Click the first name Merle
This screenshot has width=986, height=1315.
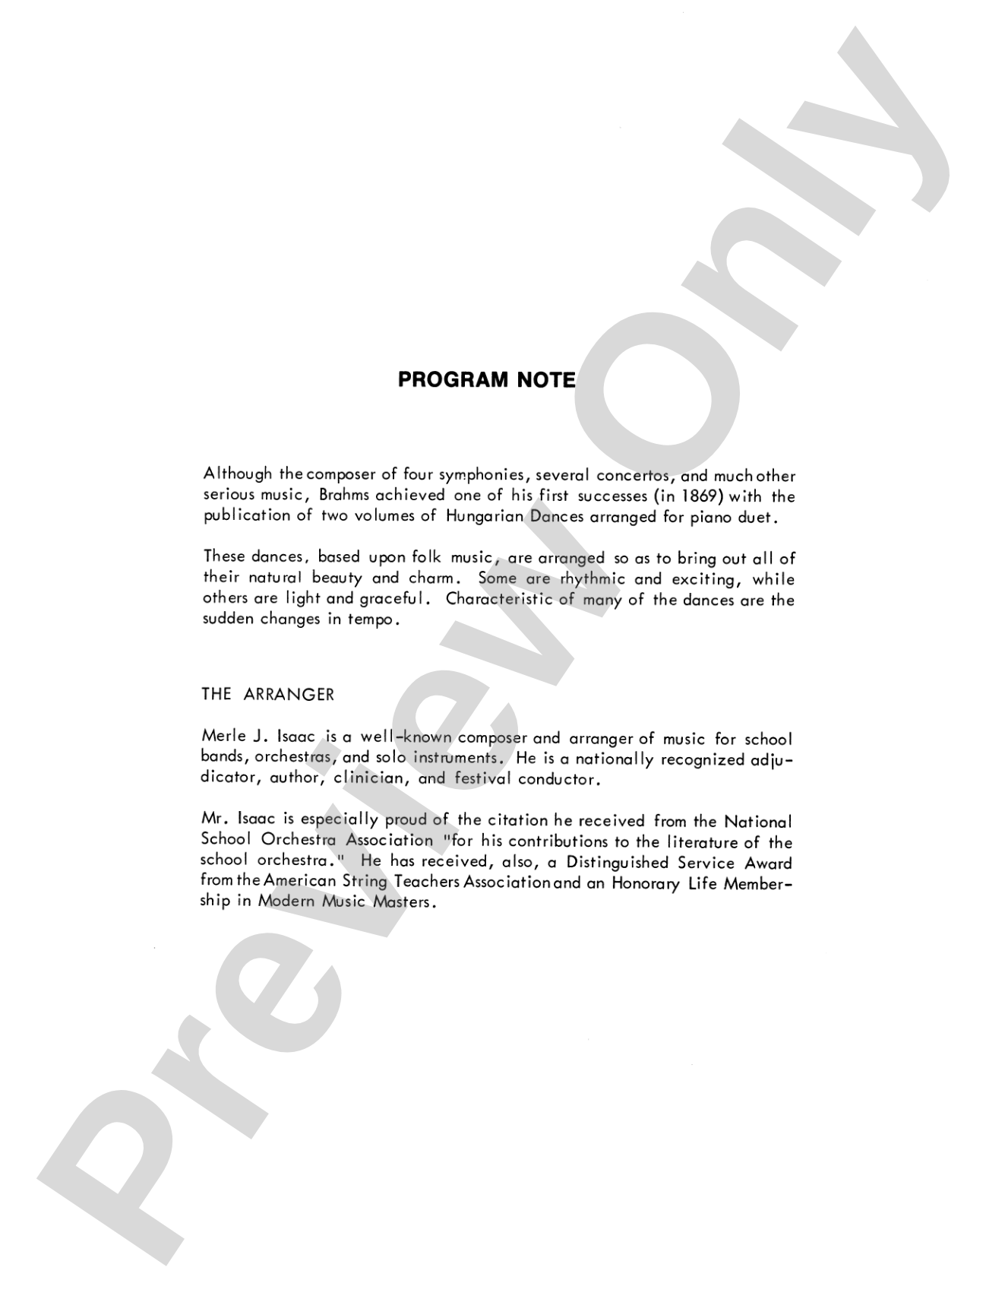point(221,737)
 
